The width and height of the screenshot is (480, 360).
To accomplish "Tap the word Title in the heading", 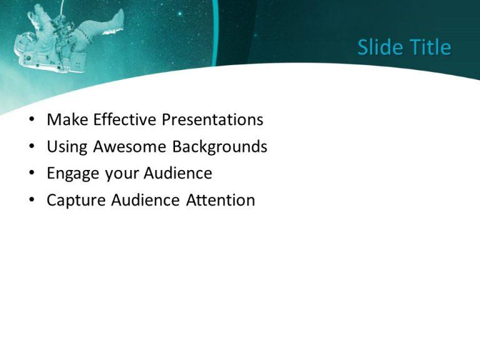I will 429,47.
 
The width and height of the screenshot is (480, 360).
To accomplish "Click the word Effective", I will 121,119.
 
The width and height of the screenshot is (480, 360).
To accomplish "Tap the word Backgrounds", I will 219,147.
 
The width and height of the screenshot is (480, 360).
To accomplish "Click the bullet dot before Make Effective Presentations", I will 32,120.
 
